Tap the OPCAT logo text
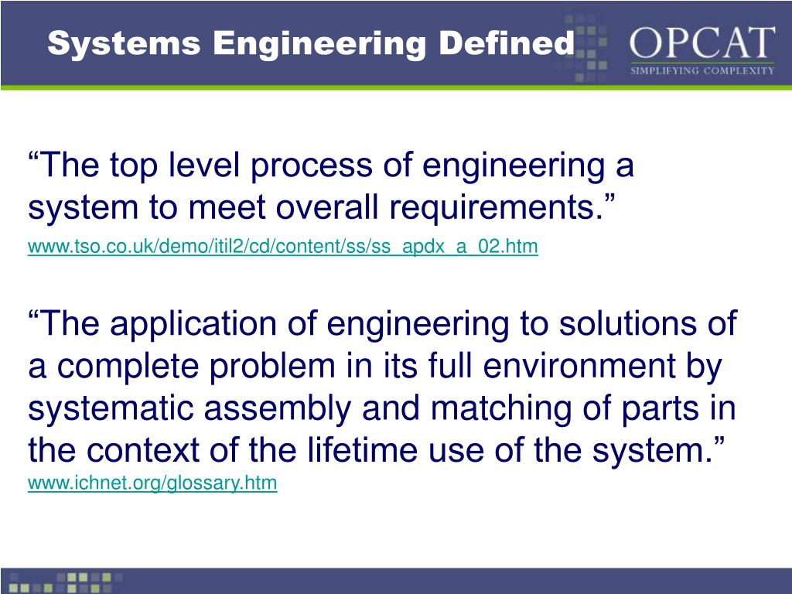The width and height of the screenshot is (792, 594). tap(702, 43)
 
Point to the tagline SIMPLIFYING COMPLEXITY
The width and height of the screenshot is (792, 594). tap(702, 70)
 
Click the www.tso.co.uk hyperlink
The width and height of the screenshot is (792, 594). tap(282, 247)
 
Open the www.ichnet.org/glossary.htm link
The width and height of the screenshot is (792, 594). tap(152, 484)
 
